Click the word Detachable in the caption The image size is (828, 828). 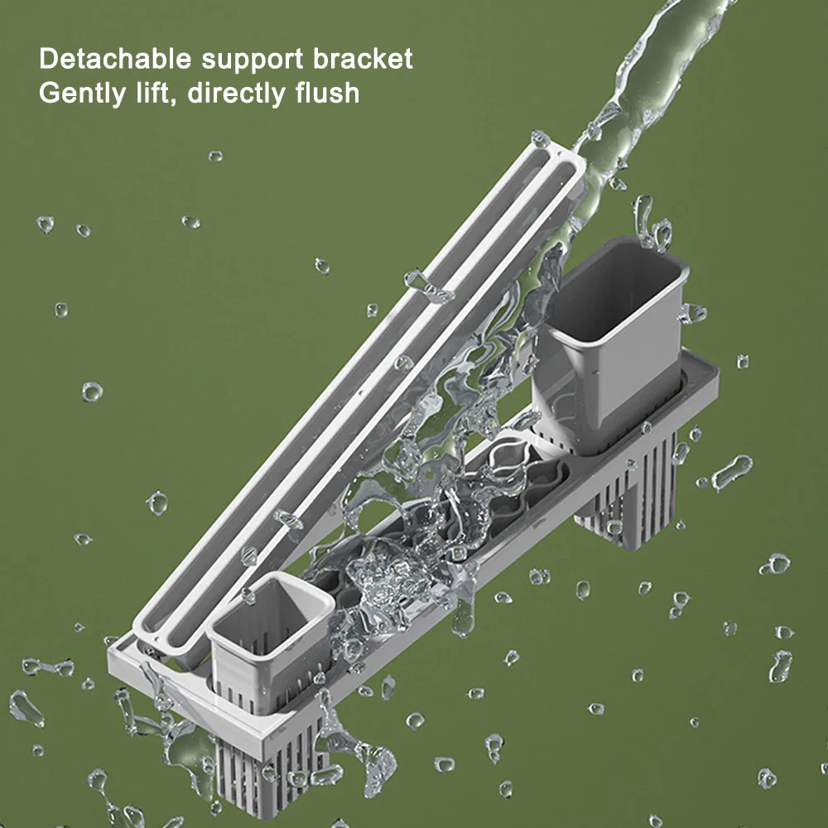coord(115,59)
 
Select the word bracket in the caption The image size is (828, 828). coord(363,59)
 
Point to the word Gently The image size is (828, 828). coord(82,94)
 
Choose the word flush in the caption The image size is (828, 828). coord(327,93)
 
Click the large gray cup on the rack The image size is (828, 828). coord(612,344)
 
